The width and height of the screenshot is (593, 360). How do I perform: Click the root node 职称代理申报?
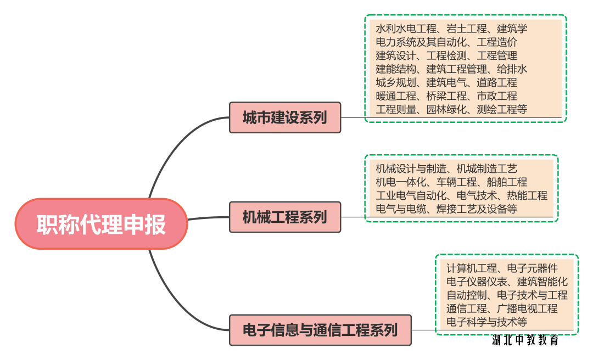pyautogui.click(x=101, y=224)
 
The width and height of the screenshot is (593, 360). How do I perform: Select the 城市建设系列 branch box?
pyautogui.click(x=285, y=117)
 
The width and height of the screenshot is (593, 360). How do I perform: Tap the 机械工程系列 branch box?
pyautogui.click(x=285, y=217)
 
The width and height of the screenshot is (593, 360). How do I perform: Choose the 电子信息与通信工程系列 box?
pyautogui.click(x=320, y=330)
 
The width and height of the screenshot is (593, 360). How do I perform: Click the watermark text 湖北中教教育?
pyautogui.click(x=525, y=340)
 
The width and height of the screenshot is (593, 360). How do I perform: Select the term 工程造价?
pyautogui.click(x=496, y=42)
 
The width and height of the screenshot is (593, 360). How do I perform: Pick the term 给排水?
pyautogui.click(x=512, y=69)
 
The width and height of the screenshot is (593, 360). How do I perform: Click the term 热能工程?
pyautogui.click(x=527, y=195)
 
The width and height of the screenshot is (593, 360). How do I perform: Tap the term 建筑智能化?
pyautogui.click(x=542, y=282)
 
